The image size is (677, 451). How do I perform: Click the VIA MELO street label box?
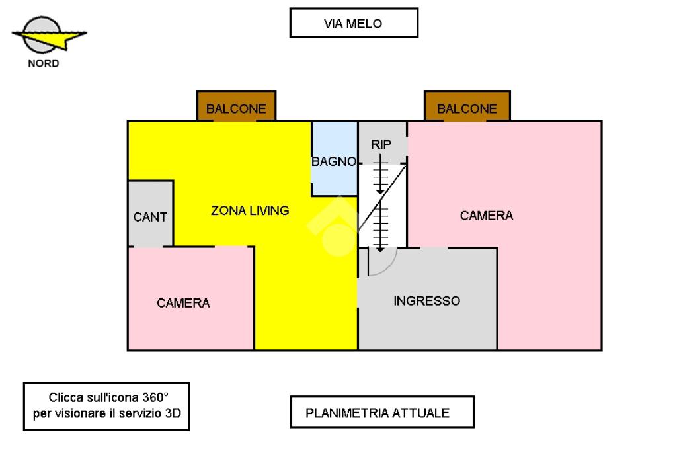click(x=354, y=23)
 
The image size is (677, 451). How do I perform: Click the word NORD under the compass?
click(x=43, y=64)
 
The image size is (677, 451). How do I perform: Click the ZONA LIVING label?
click(x=250, y=211)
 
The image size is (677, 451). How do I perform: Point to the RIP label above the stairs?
click(x=381, y=144)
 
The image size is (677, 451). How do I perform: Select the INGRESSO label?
click(x=426, y=301)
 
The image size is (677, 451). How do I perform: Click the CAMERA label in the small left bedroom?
click(x=183, y=303)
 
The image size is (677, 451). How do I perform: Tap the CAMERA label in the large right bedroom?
click(x=487, y=216)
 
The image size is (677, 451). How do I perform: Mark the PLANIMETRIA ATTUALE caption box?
click(x=381, y=413)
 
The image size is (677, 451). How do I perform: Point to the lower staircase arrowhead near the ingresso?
click(x=380, y=249)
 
